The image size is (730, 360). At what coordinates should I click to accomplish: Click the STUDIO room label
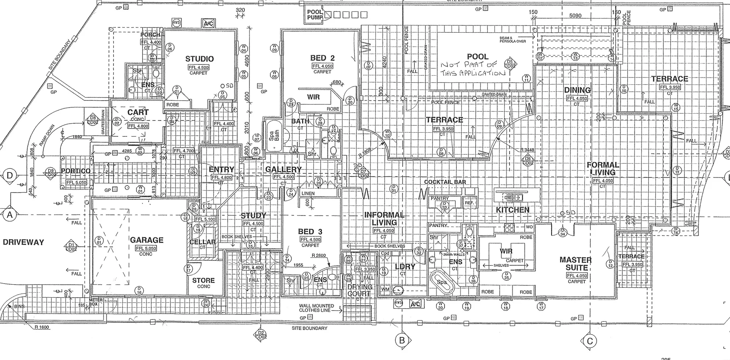click(199, 59)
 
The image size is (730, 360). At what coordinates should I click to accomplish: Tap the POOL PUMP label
click(315, 15)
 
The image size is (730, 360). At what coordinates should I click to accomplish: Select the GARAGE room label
click(146, 240)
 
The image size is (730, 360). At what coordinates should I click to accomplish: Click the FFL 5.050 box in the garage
click(146, 248)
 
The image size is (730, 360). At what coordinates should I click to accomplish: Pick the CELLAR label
click(203, 242)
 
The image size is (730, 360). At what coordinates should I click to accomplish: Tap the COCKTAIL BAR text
click(445, 182)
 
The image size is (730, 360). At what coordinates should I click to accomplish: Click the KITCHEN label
click(513, 210)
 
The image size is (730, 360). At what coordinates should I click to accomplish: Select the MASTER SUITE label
click(576, 264)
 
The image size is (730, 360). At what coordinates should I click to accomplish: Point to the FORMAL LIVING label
click(603, 168)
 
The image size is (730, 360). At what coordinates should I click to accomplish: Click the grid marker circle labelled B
click(402, 341)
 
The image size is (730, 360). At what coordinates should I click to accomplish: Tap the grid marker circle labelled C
click(590, 341)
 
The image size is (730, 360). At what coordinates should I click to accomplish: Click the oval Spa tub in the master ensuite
click(441, 282)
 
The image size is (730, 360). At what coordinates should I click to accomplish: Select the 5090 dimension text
click(575, 16)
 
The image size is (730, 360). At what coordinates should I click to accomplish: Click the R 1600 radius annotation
click(41, 327)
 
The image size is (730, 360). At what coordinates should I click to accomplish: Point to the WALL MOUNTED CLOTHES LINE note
click(316, 308)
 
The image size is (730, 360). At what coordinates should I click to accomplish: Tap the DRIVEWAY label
click(23, 242)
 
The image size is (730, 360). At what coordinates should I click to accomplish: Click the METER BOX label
click(96, 302)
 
